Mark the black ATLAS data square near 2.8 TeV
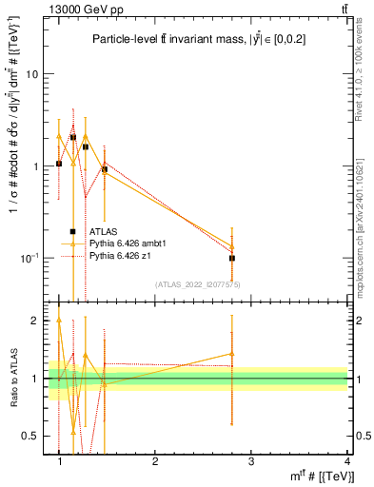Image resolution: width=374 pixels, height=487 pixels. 232,258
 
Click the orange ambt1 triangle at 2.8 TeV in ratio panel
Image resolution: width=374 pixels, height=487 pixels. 232,353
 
